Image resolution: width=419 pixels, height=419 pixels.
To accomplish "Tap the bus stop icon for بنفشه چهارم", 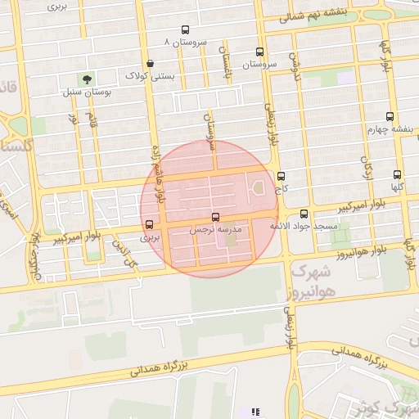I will point(389,116).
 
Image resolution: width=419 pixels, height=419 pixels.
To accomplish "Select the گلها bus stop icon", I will point(397,174).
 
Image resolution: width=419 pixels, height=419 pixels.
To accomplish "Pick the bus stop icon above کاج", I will point(282,175).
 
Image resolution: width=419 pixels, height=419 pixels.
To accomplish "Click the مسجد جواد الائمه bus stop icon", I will point(304,213).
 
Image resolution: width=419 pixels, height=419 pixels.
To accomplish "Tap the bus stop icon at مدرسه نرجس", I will point(215,218).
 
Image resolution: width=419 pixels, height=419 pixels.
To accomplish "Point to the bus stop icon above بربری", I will point(149,224).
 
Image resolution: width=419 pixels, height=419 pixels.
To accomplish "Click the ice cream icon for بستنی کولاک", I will point(149,63).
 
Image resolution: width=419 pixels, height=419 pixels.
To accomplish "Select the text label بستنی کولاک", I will point(149,75).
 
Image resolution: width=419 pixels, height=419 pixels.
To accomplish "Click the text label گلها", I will point(397,187).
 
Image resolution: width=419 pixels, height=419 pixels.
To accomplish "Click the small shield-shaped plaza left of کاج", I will point(259,188).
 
